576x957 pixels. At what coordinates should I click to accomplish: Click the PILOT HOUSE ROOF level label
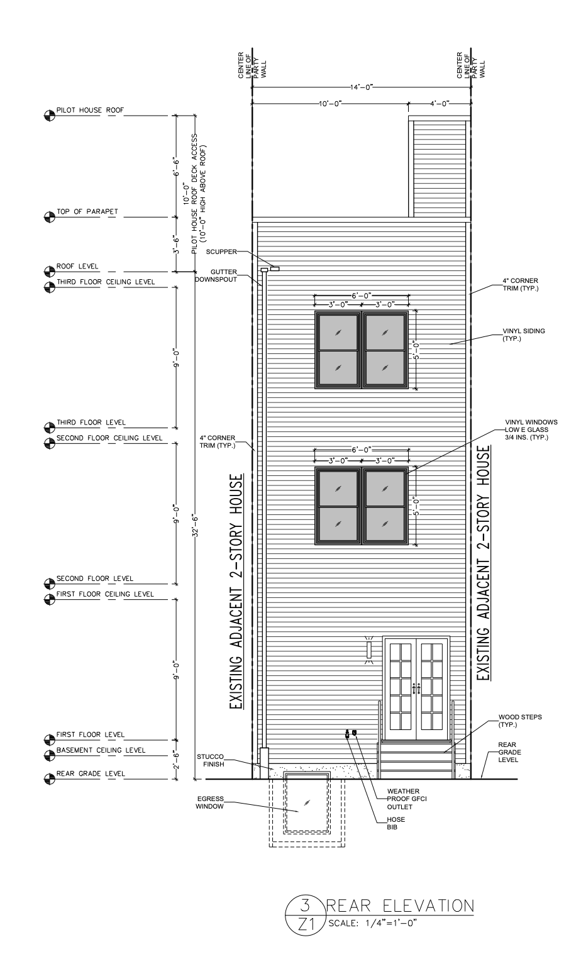click(90, 110)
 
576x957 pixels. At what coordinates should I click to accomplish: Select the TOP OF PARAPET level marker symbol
click(49, 217)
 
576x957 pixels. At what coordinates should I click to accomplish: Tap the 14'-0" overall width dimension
click(362, 87)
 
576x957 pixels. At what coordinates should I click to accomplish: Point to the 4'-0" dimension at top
click(439, 103)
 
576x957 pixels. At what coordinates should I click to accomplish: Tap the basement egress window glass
click(307, 802)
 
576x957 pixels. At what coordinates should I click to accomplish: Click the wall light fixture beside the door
click(369, 650)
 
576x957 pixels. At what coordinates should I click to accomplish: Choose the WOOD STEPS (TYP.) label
click(520, 721)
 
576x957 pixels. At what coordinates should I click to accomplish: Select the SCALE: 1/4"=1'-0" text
click(372, 922)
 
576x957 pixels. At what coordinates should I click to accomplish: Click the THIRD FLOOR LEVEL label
click(91, 423)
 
